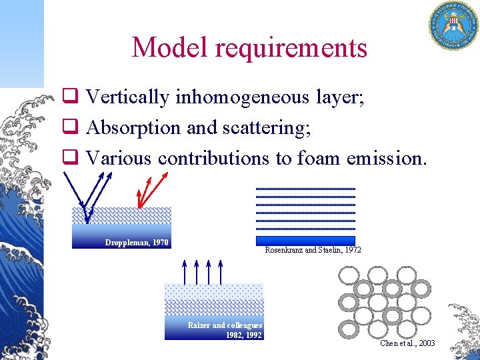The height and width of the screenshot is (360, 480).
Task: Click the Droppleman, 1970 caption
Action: pos(137,243)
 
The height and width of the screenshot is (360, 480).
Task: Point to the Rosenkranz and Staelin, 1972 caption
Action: pos(313,250)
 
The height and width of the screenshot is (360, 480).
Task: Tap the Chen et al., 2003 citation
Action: pos(407,343)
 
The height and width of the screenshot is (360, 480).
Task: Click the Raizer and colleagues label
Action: pos(225,325)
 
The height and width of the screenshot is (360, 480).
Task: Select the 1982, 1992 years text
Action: pos(243,335)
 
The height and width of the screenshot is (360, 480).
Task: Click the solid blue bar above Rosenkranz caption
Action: pos(305,240)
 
